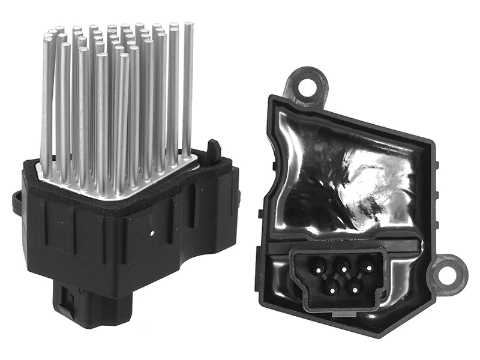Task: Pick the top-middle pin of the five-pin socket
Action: [x=343, y=263]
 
